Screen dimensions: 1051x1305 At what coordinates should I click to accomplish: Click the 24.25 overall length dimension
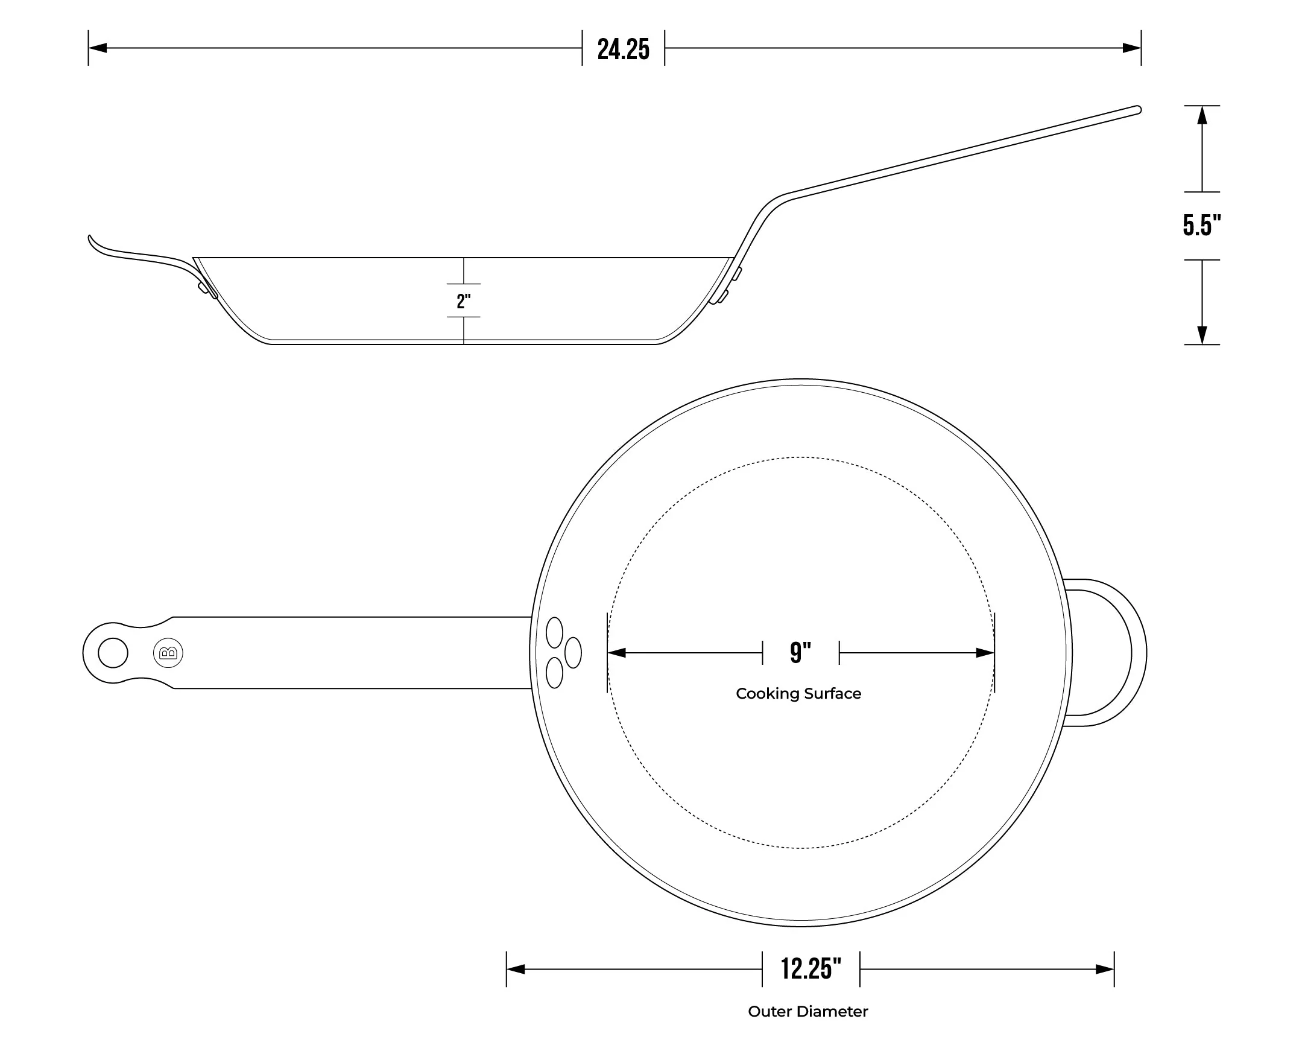point(623,49)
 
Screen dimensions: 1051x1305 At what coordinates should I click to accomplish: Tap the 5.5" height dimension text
point(1201,225)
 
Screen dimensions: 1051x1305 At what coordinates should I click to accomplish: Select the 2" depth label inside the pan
point(464,301)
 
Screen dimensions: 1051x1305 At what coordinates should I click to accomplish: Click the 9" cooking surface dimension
point(800,652)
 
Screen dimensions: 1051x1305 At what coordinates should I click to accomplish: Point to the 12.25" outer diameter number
point(810,969)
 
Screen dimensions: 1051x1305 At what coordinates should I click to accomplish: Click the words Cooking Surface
point(798,693)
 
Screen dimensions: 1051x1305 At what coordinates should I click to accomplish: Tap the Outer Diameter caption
point(807,1011)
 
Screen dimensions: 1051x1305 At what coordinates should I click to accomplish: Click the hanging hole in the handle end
point(113,653)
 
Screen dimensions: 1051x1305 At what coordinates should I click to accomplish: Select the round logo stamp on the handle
point(168,653)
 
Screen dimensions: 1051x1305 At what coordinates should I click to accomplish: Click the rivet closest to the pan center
point(574,652)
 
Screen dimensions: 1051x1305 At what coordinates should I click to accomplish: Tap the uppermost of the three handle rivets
point(554,632)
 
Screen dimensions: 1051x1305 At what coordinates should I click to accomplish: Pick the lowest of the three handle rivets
point(554,673)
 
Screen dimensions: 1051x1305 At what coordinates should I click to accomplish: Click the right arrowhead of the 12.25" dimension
point(1105,970)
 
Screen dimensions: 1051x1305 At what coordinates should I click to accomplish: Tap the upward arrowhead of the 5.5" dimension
point(1202,115)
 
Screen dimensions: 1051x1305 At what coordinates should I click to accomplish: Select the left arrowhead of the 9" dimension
point(616,653)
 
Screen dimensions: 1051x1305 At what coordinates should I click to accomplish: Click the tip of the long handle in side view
point(1137,110)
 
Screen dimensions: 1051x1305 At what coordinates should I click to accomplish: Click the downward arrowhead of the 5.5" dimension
point(1202,335)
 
